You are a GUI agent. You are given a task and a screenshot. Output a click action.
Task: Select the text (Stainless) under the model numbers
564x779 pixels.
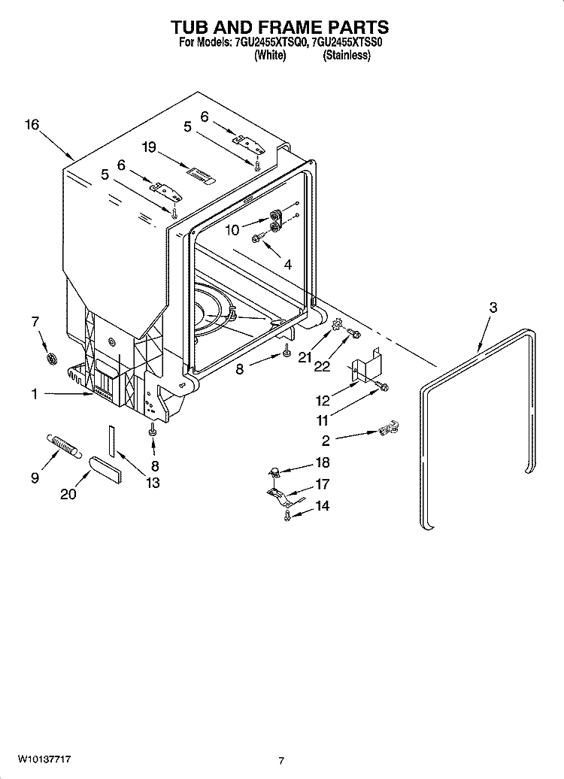click(x=347, y=56)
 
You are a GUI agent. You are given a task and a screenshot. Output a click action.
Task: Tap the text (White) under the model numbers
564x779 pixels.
click(x=270, y=56)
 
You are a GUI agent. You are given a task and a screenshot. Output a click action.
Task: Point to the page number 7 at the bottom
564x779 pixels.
click(x=281, y=761)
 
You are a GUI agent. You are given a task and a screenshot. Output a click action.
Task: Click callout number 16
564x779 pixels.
click(x=31, y=126)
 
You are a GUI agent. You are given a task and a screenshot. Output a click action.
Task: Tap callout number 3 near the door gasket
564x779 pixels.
click(x=493, y=307)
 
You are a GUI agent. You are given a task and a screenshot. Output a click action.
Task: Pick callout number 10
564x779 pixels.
click(x=232, y=230)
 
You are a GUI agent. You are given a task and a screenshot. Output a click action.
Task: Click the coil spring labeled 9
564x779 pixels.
click(x=65, y=445)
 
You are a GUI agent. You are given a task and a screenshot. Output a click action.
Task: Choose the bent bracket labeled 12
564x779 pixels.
click(x=365, y=367)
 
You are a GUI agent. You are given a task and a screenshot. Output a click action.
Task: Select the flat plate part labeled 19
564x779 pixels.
click(x=200, y=175)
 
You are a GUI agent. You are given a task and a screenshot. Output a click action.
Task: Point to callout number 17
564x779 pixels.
click(x=322, y=485)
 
